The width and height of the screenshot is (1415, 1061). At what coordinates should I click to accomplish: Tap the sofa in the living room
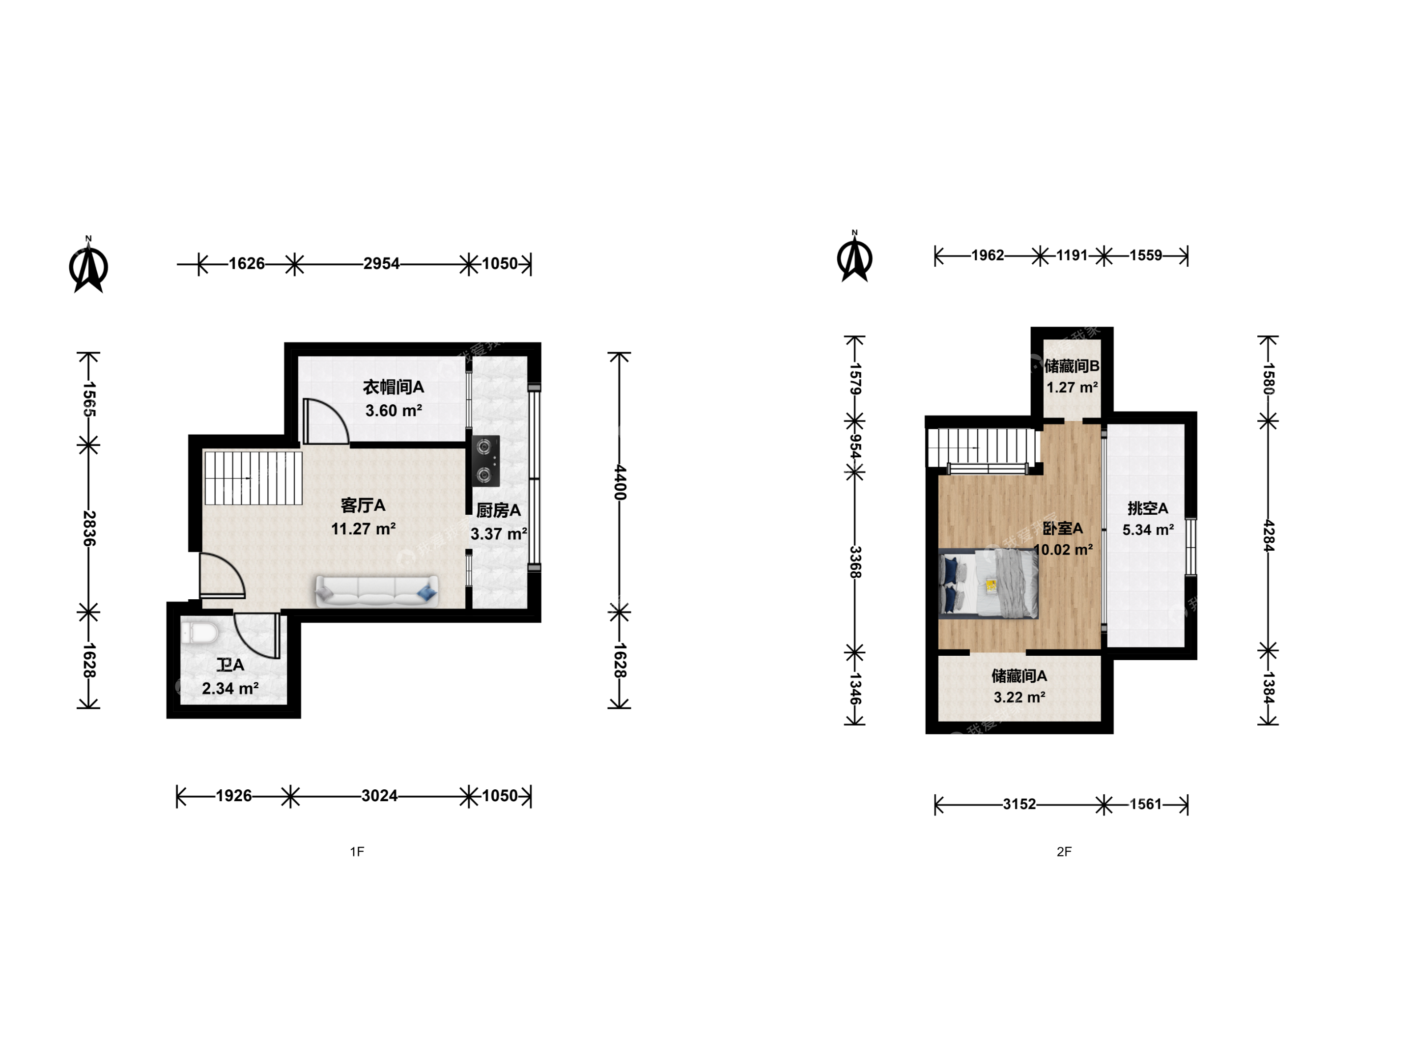(377, 591)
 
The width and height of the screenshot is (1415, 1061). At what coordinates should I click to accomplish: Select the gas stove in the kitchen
(485, 460)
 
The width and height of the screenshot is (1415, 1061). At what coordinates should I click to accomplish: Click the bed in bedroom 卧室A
(989, 584)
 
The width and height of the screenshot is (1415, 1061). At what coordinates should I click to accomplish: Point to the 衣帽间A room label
(394, 387)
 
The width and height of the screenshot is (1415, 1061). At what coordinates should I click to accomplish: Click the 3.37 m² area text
(499, 533)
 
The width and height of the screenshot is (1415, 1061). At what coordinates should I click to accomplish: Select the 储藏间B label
(1072, 366)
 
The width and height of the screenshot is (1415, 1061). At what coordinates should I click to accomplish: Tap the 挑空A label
(1148, 508)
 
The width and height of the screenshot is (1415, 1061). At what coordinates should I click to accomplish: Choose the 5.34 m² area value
(1148, 530)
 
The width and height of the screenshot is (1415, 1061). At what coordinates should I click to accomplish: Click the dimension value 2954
(381, 263)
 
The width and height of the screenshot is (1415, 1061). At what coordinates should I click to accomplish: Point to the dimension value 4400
(619, 482)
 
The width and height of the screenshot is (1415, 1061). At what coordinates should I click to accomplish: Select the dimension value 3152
(1019, 804)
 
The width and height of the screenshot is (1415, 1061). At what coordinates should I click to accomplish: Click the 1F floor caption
(357, 851)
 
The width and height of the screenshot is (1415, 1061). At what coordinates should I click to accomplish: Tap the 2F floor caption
(1064, 851)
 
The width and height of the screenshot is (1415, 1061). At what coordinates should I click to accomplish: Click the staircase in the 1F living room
(253, 478)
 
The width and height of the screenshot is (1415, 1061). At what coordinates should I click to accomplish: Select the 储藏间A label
(1019, 676)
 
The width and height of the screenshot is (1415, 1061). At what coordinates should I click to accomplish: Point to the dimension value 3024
(379, 796)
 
